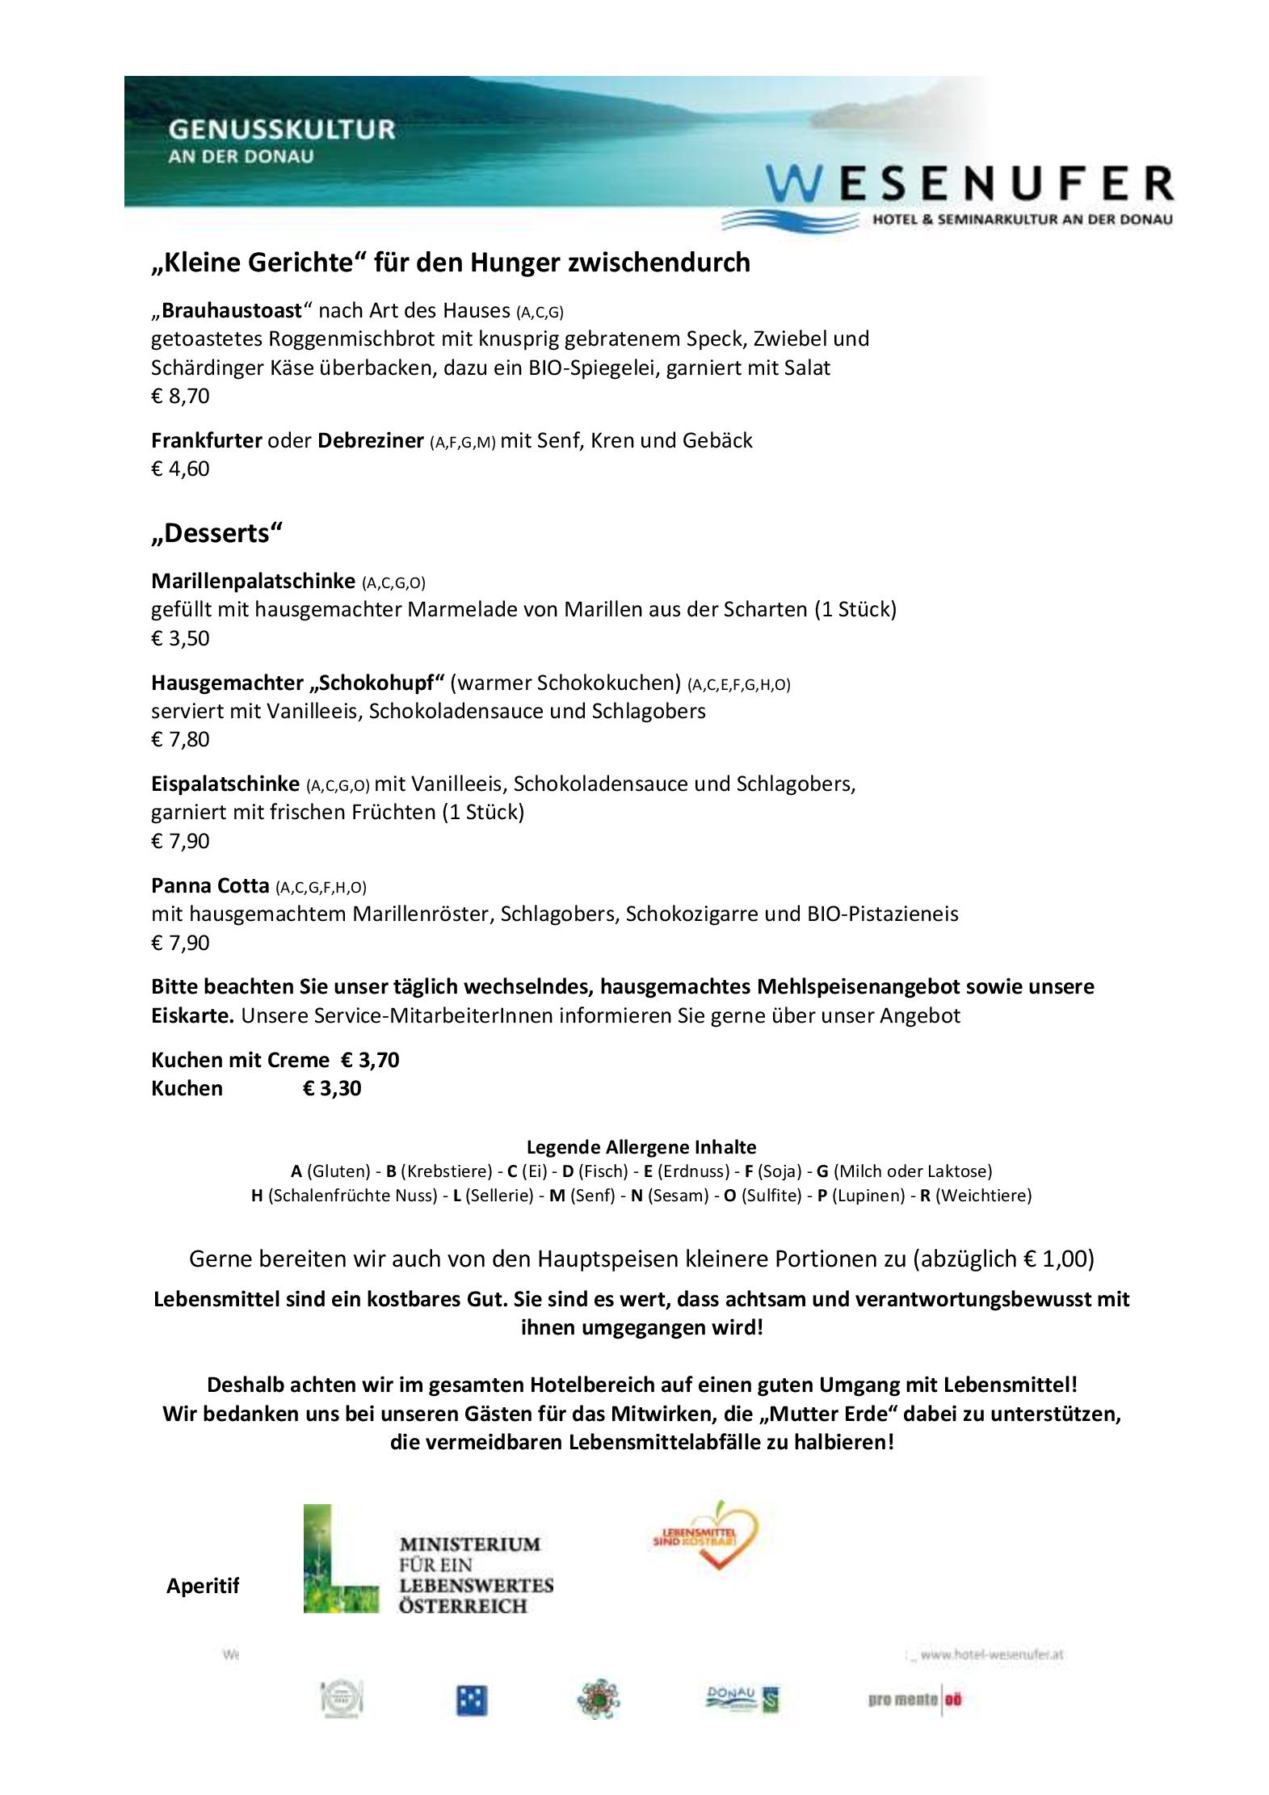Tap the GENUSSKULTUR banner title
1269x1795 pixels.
pyautogui.click(x=281, y=129)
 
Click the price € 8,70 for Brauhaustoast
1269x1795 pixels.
pyautogui.click(x=180, y=396)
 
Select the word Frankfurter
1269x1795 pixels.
pyautogui.click(x=206, y=440)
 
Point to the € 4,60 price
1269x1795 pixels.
pyautogui.click(x=180, y=469)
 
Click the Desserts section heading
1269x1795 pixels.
pyautogui.click(x=217, y=533)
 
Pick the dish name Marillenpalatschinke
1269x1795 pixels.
pyautogui.click(x=253, y=580)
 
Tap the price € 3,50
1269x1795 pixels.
pyautogui.click(x=180, y=638)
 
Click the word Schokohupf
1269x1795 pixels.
pyautogui.click(x=378, y=683)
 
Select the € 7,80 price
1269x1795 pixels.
pyautogui.click(x=180, y=739)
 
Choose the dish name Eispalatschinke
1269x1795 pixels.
pyautogui.click(x=225, y=784)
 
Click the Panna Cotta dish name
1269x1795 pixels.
pyautogui.click(x=210, y=885)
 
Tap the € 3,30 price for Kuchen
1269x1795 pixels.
pyautogui.click(x=332, y=1088)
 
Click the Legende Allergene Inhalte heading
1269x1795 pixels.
pyautogui.click(x=641, y=1146)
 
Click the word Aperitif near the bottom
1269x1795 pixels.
pyautogui.click(x=203, y=1586)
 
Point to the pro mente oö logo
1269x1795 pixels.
pyautogui.click(x=915, y=1699)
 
